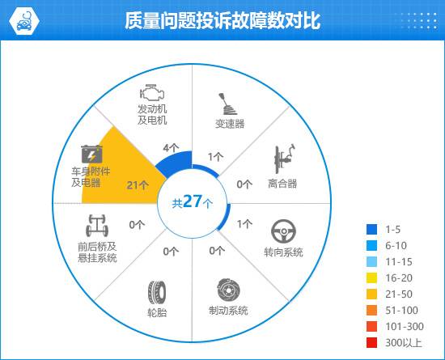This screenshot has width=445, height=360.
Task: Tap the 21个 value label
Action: tap(138, 185)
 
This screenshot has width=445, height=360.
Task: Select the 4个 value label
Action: tap(172, 148)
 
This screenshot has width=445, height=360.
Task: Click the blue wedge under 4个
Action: tap(176, 163)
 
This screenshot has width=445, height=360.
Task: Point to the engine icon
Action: tap(152, 92)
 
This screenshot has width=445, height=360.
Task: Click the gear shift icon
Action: tap(227, 104)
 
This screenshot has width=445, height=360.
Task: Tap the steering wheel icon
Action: tap(283, 231)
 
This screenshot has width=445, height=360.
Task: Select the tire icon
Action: tap(157, 292)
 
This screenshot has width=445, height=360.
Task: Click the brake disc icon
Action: tap(228, 290)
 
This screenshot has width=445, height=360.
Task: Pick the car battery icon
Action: tap(91, 154)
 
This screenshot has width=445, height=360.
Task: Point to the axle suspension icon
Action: tap(97, 226)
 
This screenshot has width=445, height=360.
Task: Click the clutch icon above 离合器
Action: tap(284, 159)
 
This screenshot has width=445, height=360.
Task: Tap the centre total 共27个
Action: tap(192, 202)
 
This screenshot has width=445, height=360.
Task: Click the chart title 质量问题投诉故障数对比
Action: tap(222, 20)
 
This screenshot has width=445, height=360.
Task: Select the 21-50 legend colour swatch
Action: tap(372, 294)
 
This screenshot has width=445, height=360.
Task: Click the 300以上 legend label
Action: tap(404, 343)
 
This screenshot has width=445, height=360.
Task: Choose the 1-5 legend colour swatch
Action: tap(372, 229)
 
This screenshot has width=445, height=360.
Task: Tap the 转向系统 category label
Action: tap(283, 252)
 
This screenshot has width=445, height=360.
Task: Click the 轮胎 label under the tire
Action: tap(157, 312)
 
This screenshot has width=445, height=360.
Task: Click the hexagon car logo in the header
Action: tap(23, 21)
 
